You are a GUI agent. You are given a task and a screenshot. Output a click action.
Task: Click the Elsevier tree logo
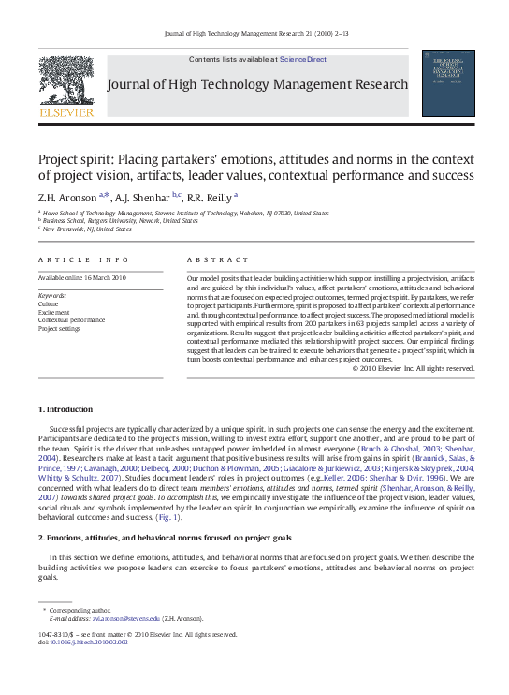click(x=65, y=81)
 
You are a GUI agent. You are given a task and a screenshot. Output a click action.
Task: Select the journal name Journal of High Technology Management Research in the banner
click(x=258, y=84)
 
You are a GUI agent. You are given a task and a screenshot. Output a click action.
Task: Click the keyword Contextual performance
click(x=71, y=320)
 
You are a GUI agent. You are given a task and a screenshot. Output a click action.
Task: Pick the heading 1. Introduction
click(x=65, y=409)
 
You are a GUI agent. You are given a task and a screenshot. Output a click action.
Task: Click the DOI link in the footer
click(x=88, y=642)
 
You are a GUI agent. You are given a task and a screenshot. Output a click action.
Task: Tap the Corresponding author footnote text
click(x=77, y=610)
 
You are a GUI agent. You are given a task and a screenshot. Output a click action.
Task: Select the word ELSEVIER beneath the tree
click(x=65, y=112)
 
